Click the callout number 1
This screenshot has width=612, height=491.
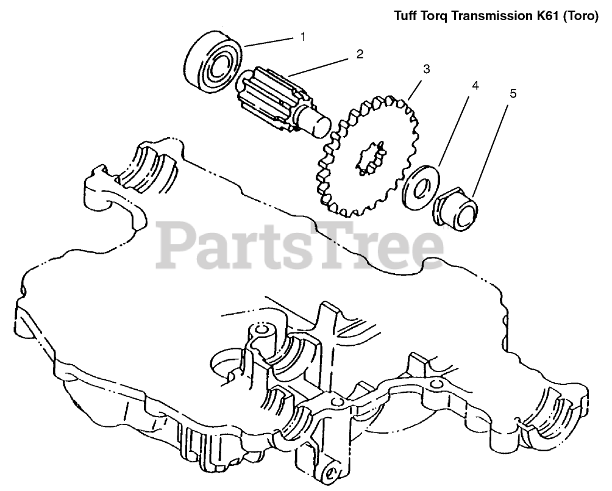302,37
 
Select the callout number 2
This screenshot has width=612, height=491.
360,54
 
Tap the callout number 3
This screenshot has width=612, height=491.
427,70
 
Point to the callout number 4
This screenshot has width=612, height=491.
475,86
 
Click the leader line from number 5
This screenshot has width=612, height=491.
491,146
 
